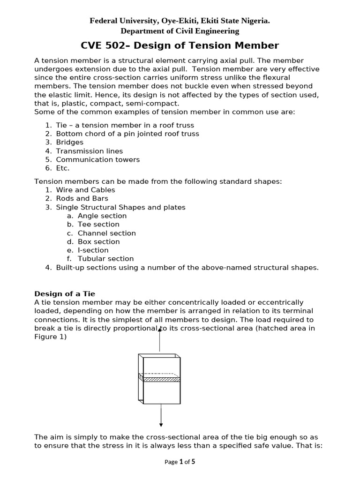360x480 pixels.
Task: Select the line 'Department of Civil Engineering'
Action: [x=180, y=31]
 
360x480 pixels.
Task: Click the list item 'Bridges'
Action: [x=69, y=142]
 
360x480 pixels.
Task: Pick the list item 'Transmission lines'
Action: [x=89, y=151]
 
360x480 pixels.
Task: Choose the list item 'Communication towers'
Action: [x=97, y=159]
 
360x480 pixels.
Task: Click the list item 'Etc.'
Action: [x=63, y=168]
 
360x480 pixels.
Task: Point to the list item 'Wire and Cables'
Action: [x=85, y=190]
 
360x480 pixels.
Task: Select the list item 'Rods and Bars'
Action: [x=82, y=198]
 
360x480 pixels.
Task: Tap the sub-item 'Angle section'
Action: [x=102, y=216]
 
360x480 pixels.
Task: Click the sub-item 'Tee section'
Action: [x=98, y=224]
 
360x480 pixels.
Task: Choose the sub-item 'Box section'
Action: [x=98, y=241]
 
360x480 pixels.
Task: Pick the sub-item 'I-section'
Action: [x=93, y=250]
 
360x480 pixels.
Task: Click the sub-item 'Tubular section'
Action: [x=105, y=258]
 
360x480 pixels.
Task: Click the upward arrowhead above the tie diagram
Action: [x=160, y=330]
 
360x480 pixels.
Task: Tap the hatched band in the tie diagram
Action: [x=161, y=379]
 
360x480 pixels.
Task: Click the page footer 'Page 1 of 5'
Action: [x=180, y=462]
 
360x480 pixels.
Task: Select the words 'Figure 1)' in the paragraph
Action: [x=51, y=337]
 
